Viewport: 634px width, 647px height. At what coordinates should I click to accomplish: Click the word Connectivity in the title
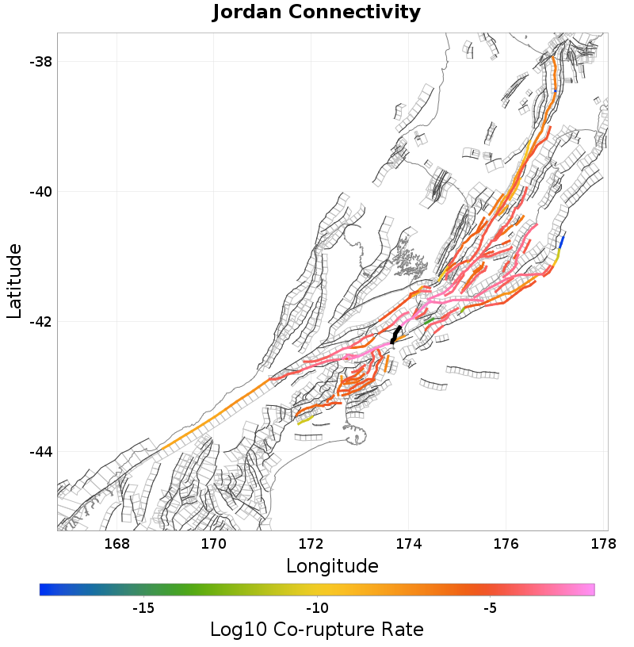click(354, 13)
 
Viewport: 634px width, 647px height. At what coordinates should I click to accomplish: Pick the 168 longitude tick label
click(116, 544)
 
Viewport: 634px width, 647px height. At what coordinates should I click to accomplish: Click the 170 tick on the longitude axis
click(214, 544)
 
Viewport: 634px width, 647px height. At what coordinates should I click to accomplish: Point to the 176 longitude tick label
click(506, 544)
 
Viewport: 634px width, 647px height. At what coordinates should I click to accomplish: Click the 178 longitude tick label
click(603, 544)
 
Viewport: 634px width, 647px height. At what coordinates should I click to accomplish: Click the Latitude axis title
click(15, 281)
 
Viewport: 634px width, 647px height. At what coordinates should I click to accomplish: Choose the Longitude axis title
click(332, 566)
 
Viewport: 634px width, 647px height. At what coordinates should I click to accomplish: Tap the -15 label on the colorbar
click(143, 608)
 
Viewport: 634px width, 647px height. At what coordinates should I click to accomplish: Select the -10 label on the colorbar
click(317, 608)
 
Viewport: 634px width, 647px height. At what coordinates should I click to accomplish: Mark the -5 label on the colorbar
click(490, 608)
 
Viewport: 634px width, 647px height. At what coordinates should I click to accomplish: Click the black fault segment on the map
click(396, 334)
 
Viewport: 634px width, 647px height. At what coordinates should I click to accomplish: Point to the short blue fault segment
click(562, 241)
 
